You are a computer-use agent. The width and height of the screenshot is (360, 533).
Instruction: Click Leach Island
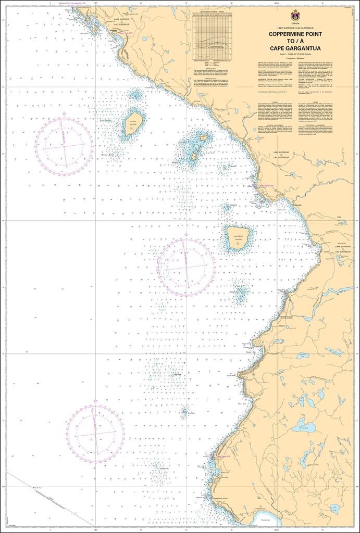pyautogui.click(x=132, y=124)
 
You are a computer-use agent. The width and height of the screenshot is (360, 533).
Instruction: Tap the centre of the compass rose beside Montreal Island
pyautogui.click(x=186, y=268)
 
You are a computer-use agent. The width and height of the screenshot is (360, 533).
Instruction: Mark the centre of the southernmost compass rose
pyautogui.click(x=95, y=433)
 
